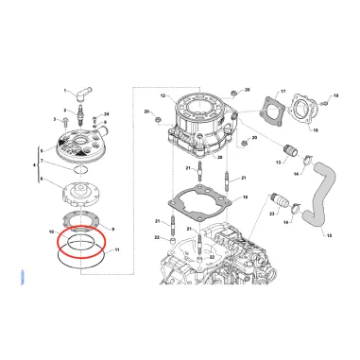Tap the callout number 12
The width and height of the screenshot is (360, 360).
[162, 96]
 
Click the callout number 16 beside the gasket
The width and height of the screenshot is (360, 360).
[246, 198]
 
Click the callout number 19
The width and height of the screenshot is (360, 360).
[335, 97]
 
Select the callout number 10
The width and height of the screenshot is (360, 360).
[51, 231]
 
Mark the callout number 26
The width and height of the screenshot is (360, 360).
[247, 90]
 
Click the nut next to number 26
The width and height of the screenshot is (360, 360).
[236, 93]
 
